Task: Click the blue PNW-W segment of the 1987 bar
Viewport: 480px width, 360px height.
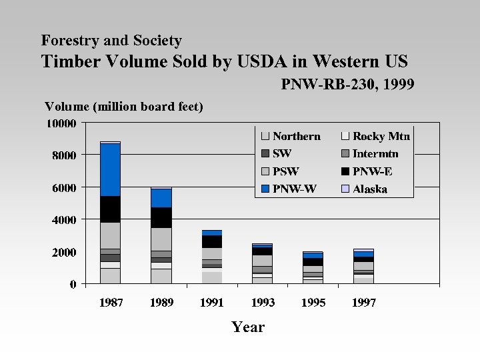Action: [110, 169]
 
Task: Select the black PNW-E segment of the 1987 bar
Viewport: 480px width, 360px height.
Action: [110, 209]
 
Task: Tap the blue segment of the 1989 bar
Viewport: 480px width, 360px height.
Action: [161, 198]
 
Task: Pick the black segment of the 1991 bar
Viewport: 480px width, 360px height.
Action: [211, 241]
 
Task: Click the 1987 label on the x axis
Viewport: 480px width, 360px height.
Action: [111, 303]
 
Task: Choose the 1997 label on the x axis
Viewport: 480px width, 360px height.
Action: [363, 303]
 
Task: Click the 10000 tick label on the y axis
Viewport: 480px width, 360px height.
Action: [61, 123]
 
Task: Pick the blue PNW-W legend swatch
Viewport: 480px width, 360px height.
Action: [265, 189]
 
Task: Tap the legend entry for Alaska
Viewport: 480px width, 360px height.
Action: [369, 189]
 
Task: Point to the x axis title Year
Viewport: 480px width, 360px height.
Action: [248, 327]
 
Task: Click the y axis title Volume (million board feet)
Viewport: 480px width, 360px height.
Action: [123, 107]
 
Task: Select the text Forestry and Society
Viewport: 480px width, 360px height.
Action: [111, 41]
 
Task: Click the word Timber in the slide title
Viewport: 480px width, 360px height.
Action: [70, 62]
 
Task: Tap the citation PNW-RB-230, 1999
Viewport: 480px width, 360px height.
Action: [347, 85]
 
